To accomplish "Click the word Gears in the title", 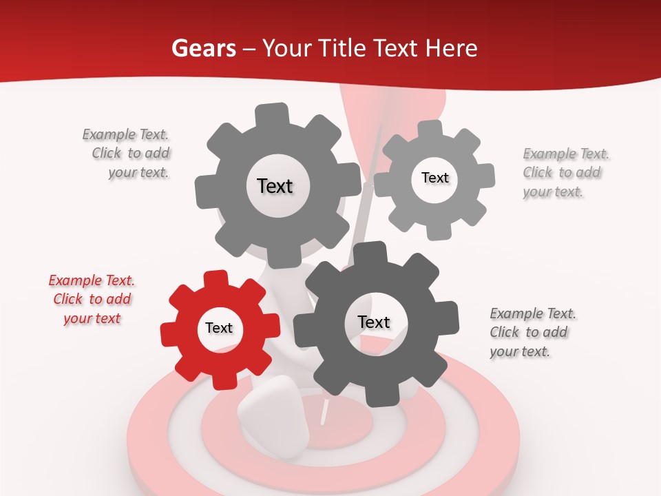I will click(204, 48).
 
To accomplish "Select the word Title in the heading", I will click(342, 48).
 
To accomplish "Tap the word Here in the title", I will click(452, 48).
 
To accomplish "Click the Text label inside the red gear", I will click(219, 329).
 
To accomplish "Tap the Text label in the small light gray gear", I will click(434, 178).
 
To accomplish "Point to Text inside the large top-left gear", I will click(275, 186).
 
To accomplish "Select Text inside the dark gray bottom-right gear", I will click(374, 322).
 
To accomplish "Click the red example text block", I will click(92, 299).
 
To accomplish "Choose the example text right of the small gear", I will click(565, 172).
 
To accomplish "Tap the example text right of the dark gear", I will click(532, 332).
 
